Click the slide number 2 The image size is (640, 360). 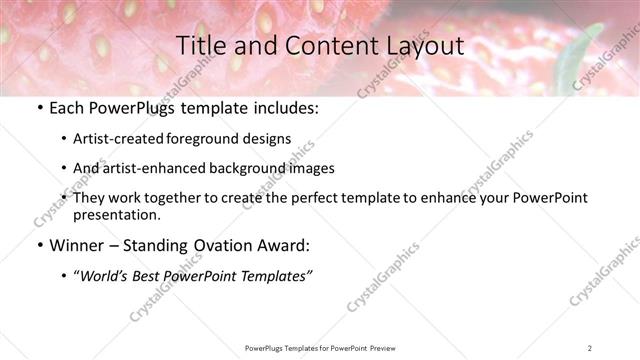(x=590, y=348)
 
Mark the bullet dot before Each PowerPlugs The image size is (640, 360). (x=38, y=108)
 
